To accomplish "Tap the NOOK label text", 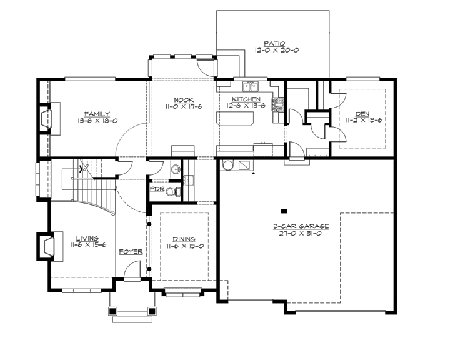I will (x=182, y=99).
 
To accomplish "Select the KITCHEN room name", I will (x=246, y=99).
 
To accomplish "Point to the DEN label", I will (x=362, y=113).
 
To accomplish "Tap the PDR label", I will (x=156, y=190).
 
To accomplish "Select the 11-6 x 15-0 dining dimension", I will (x=184, y=246).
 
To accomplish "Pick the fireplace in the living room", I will (x=47, y=246).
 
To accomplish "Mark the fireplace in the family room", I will (x=47, y=119).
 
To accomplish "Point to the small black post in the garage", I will (x=284, y=210).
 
